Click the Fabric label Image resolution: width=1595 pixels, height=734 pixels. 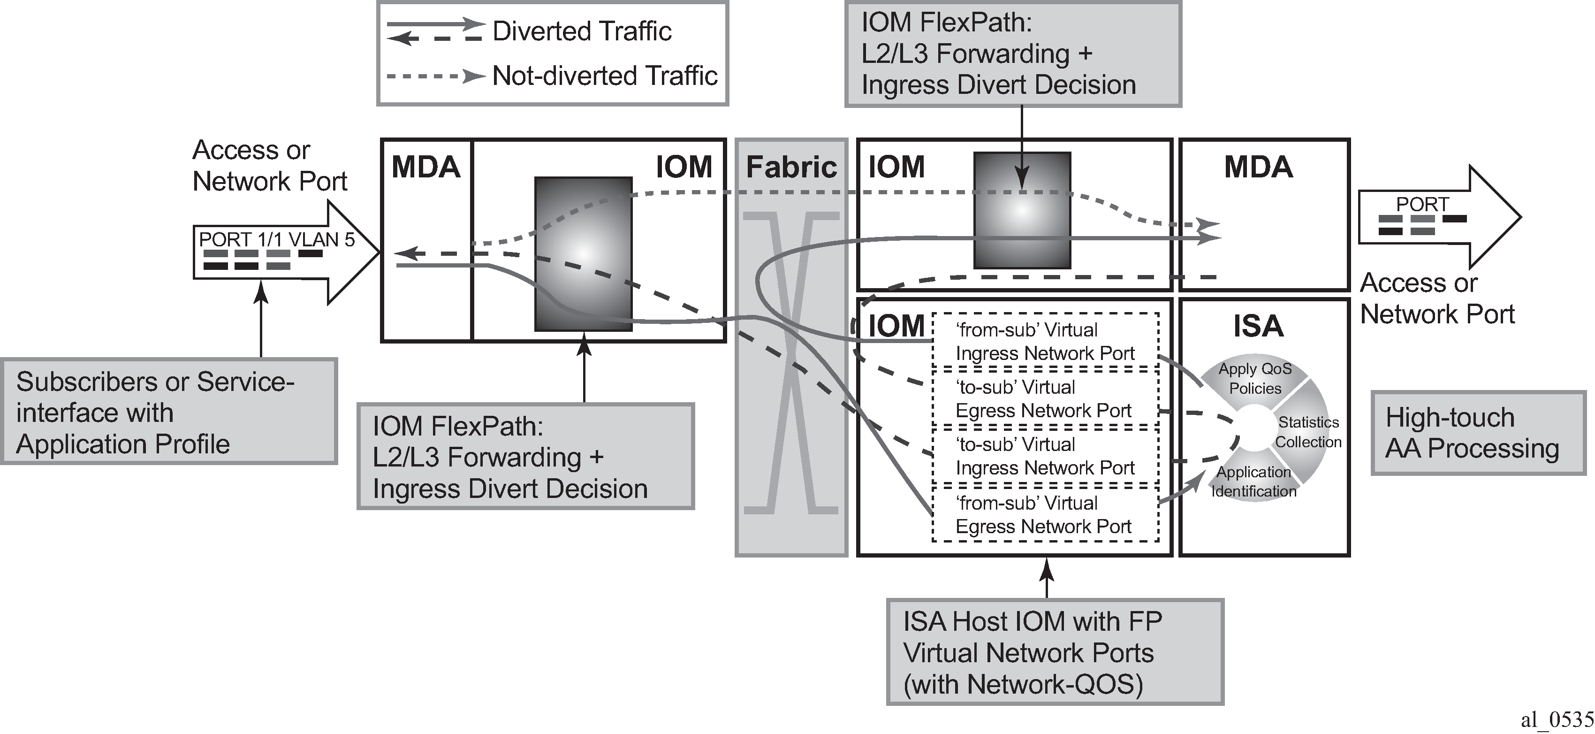[791, 167]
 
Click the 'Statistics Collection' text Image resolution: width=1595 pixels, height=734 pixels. [1308, 432]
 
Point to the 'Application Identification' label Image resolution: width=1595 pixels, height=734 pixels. [1254, 482]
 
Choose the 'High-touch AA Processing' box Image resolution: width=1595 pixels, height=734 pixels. [1479, 433]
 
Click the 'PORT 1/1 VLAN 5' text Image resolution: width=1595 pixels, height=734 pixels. [277, 240]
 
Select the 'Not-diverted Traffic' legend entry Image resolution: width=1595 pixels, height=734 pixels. [552, 76]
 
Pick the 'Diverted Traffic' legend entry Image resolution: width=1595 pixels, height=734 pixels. [529, 31]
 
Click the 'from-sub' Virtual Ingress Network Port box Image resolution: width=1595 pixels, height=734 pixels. [1045, 341]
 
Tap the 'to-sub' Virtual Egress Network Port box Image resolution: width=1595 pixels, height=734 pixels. [1045, 398]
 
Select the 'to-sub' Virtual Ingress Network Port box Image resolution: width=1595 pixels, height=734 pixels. [1045, 456]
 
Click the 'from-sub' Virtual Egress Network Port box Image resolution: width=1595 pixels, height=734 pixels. [1045, 514]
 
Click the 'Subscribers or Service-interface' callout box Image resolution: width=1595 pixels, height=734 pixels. [169, 411]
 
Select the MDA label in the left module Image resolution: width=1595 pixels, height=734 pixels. [426, 167]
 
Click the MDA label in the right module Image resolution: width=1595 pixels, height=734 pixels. [1258, 167]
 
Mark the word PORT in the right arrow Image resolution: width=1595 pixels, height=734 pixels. [1422, 205]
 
